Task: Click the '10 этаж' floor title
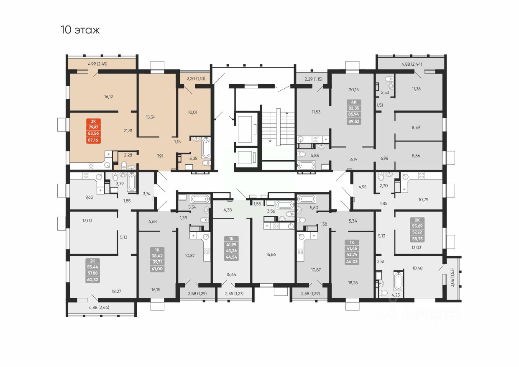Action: coord(80,30)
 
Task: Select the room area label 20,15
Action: coord(354,89)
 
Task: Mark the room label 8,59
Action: coord(416,127)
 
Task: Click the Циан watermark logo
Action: coord(420,314)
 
